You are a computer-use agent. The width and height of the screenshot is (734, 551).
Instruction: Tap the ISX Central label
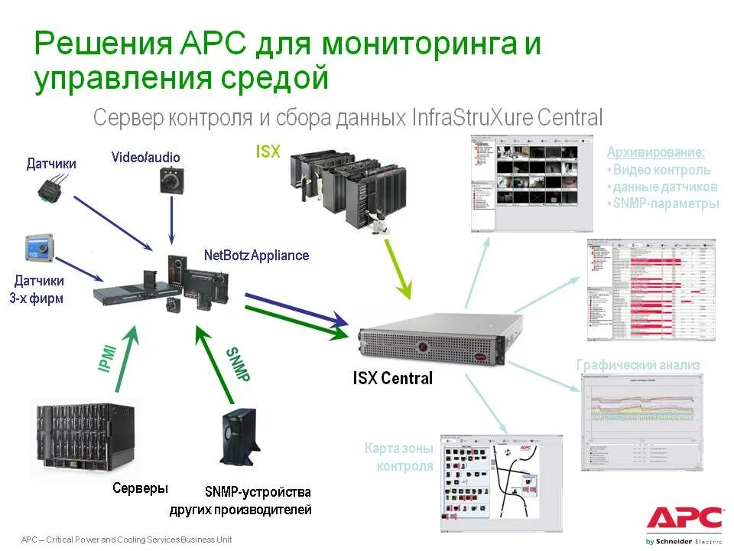coord(392,378)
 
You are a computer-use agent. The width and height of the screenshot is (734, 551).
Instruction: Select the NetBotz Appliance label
coord(256,256)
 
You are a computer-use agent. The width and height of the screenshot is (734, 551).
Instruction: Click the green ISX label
coord(268,152)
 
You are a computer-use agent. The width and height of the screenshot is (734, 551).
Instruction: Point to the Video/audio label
coord(146,158)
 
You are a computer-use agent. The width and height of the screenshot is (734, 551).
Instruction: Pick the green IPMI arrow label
coord(108,357)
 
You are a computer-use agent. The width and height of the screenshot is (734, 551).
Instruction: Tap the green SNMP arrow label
coord(238,364)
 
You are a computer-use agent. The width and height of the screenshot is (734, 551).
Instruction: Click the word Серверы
coord(140,488)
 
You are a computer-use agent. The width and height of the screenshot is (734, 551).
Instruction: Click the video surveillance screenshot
coord(531,184)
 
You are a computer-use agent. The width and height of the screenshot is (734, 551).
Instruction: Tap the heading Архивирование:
coord(655,152)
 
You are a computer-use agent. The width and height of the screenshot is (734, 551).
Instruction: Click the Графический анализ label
coord(638,365)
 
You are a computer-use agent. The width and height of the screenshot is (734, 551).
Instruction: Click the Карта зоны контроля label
coord(398,457)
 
